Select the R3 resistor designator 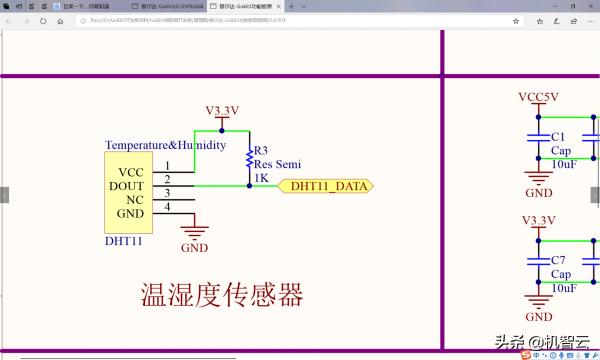pyautogui.click(x=262, y=151)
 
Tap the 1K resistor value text pyautogui.click(x=261, y=178)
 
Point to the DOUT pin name pyautogui.click(x=127, y=185)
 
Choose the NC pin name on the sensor pyautogui.click(x=135, y=199)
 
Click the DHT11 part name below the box pyautogui.click(x=124, y=241)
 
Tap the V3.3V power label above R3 pyautogui.click(x=222, y=110)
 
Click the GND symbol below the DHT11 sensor pyautogui.click(x=194, y=236)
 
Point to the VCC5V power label pyautogui.click(x=538, y=97)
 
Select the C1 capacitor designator pyautogui.click(x=559, y=136)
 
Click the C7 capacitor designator pyautogui.click(x=559, y=260)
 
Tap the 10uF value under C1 pyautogui.click(x=563, y=164)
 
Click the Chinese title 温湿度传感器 pyautogui.click(x=221, y=295)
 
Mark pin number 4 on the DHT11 pyautogui.click(x=167, y=207)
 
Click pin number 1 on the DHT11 pyautogui.click(x=167, y=165)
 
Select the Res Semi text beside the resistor pyautogui.click(x=277, y=164)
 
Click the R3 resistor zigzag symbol pyautogui.click(x=249, y=160)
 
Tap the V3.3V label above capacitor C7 pyautogui.click(x=538, y=220)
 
